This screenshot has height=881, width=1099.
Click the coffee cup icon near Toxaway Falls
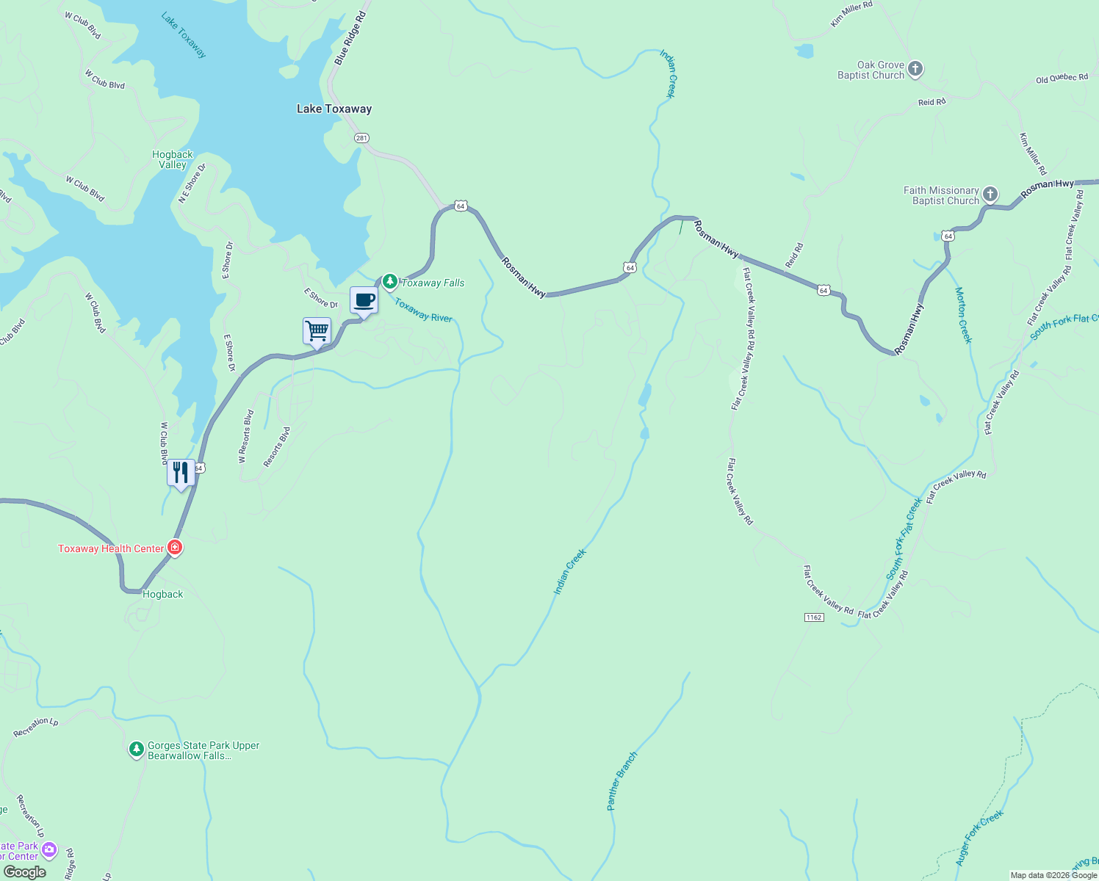pyautogui.click(x=364, y=300)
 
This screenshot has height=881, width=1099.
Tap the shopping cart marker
pyautogui.click(x=317, y=331)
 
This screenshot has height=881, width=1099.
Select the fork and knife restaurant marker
pyautogui.click(x=181, y=472)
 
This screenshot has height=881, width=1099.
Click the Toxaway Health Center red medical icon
pyautogui.click(x=175, y=547)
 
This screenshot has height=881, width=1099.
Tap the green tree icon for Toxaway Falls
pyautogui.click(x=390, y=281)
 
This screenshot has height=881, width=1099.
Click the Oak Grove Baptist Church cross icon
pyautogui.click(x=915, y=69)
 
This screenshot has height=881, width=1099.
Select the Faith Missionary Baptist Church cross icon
pyautogui.click(x=990, y=195)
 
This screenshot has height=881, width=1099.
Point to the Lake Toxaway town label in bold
pyautogui.click(x=334, y=109)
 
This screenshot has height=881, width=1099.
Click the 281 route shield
pyautogui.click(x=361, y=138)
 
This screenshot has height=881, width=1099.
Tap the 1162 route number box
pyautogui.click(x=813, y=617)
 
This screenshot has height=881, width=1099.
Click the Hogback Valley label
pyautogui.click(x=173, y=159)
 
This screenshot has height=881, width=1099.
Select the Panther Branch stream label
pyautogui.click(x=622, y=780)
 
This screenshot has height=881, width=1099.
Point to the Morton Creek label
pyautogui.click(x=963, y=315)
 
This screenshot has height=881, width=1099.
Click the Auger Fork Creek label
pyautogui.click(x=979, y=838)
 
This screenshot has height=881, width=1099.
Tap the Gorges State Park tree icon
pyautogui.click(x=136, y=749)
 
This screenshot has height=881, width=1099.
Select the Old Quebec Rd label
pyautogui.click(x=1062, y=79)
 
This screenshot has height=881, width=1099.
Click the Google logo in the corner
pyautogui.click(x=24, y=872)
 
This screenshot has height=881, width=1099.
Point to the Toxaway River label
pyautogui.click(x=423, y=310)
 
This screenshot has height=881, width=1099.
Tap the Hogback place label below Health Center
pyautogui.click(x=163, y=594)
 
